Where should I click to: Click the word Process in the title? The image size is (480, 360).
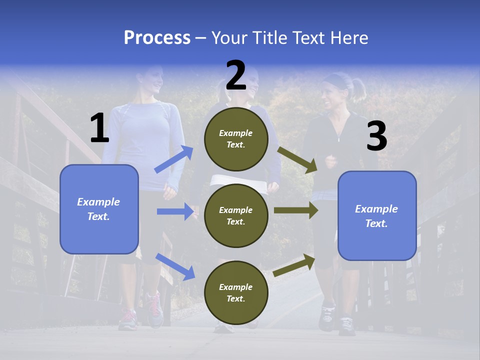(x=157, y=38)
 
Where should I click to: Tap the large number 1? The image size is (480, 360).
(x=99, y=128)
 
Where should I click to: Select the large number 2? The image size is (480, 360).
(x=236, y=76)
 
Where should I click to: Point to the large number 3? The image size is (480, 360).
(x=376, y=136)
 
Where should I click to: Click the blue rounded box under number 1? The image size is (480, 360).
(x=99, y=209)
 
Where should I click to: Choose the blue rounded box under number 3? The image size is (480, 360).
(x=377, y=215)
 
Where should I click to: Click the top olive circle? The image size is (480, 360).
(x=236, y=139)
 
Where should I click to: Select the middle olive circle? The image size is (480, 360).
(x=236, y=215)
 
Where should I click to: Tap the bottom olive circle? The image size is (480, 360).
(x=236, y=292)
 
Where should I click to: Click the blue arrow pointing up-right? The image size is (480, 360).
(x=174, y=159)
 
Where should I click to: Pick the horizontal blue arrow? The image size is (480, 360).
(x=175, y=211)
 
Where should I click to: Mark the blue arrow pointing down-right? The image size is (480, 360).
(x=175, y=266)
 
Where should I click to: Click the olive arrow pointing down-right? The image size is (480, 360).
(x=297, y=159)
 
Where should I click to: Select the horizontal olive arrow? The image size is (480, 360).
(x=295, y=210)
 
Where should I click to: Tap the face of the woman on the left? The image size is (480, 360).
(x=155, y=80)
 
